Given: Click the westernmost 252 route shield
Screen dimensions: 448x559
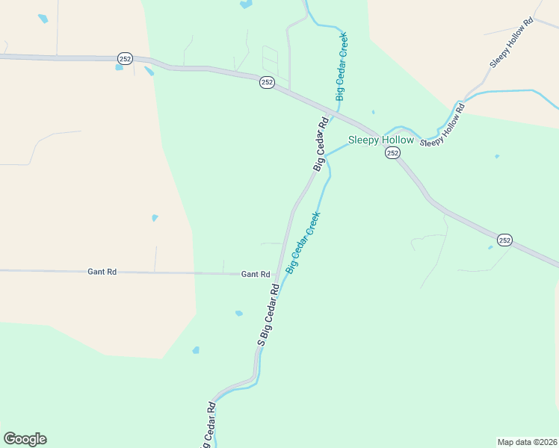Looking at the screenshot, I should pos(124,57).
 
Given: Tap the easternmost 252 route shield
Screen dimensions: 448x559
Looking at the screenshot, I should pos(504,240).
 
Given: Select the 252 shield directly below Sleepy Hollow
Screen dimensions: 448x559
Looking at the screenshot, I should pos(392,152).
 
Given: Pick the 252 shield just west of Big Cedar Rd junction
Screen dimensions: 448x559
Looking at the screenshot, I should pos(267,82).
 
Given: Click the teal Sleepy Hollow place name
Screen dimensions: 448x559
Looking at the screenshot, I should pos(380,140).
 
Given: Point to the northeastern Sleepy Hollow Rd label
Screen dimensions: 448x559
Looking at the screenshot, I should pos(512,43).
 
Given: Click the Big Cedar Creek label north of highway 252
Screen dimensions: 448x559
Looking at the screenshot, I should pos(341,67).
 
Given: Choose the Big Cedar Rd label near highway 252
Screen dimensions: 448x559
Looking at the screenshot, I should pos(321,144).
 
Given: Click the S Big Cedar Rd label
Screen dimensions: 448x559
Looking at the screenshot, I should pos(268,314).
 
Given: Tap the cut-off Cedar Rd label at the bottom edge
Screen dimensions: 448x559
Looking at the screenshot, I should pos(207,426).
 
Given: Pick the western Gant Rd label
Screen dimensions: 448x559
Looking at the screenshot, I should pos(102,273).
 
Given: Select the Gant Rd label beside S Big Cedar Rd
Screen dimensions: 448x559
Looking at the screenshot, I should pos(255,274).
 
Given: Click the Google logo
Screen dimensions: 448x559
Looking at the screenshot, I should pos(25,439).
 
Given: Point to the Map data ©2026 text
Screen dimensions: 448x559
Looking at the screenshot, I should pos(527,441).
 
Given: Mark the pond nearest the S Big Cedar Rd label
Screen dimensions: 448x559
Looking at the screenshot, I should pos(238,314).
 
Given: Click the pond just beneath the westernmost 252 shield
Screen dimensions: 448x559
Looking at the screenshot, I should pos(119,68).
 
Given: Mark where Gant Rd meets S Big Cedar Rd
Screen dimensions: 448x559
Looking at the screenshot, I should pos(277,274).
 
